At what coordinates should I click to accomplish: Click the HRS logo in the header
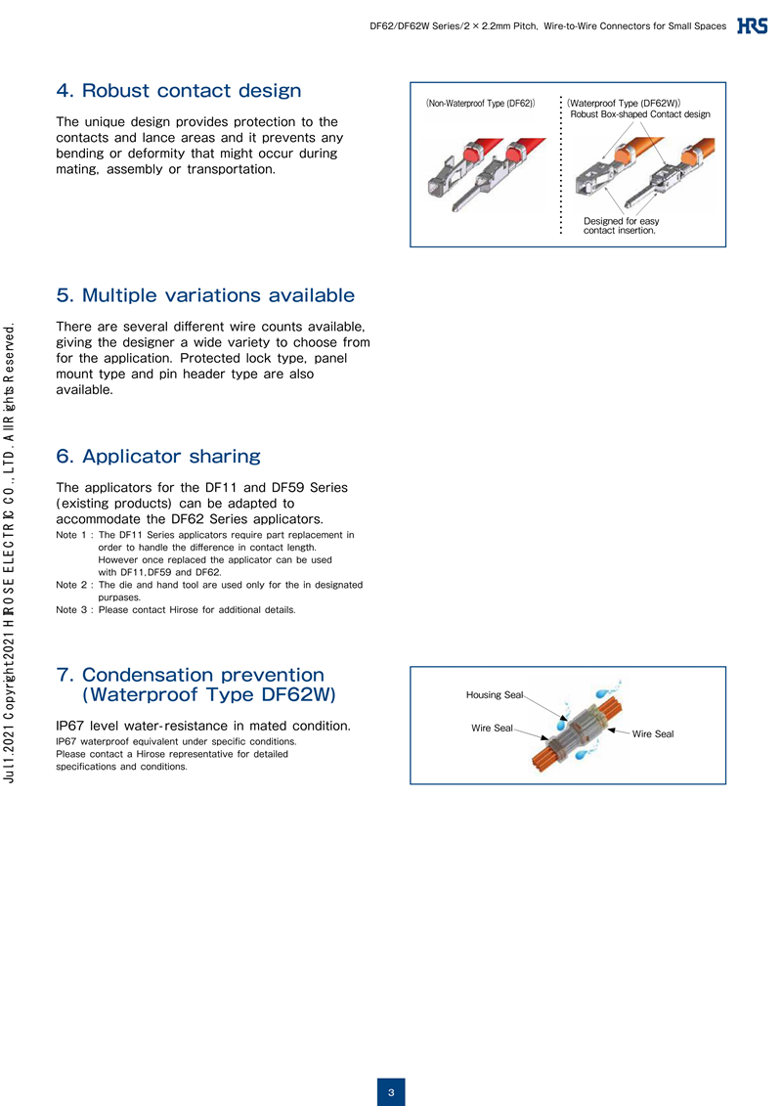coord(752,26)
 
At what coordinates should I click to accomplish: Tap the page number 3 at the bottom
coord(390,1092)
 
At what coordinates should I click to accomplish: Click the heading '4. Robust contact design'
coord(179,91)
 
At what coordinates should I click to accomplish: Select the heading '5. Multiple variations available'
coord(205,294)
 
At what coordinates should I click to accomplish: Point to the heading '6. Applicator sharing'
coord(158,456)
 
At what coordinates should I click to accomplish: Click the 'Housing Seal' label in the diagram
coord(495,694)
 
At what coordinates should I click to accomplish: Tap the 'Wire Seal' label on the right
coord(653,733)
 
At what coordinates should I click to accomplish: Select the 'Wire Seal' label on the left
coord(492,728)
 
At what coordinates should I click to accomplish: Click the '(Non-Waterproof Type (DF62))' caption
coord(480,102)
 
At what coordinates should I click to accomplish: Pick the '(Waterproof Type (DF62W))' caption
coord(625,102)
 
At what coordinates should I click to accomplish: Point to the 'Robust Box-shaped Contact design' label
coord(639,114)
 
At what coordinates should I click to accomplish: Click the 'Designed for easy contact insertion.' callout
coord(621,226)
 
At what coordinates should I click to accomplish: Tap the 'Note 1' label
coord(73,535)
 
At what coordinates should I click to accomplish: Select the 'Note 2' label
coord(73,584)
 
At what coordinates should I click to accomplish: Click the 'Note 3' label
coord(73,609)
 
